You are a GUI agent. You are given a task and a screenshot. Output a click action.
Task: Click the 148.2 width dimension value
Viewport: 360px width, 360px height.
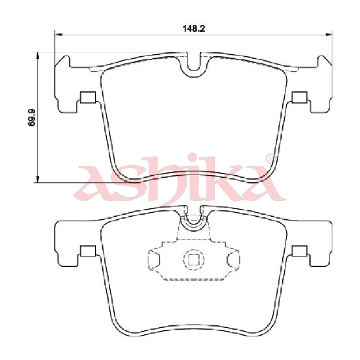(194, 29)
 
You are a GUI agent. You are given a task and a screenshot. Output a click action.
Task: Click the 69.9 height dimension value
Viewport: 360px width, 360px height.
(31, 117)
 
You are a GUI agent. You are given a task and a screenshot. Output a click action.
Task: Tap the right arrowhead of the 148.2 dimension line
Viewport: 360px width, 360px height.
(328, 35)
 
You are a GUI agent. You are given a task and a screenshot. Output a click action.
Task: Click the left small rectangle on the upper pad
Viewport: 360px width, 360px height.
(88, 97)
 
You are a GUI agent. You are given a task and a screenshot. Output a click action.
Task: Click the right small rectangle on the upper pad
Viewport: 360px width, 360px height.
(300, 97)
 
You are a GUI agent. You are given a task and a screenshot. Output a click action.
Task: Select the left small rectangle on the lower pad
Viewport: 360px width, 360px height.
(88, 251)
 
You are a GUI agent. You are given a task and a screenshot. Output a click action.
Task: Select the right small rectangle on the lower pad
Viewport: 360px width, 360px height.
(300, 251)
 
